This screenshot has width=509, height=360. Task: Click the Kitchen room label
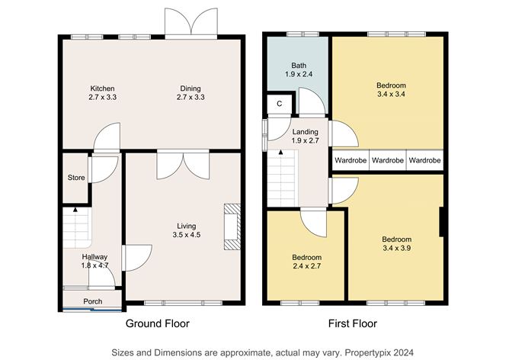pyautogui.click(x=102, y=88)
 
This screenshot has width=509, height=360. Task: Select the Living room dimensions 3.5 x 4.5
pyautogui.click(x=187, y=235)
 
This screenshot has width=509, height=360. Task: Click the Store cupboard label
pyautogui.click(x=75, y=179)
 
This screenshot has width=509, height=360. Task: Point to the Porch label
pyautogui.click(x=93, y=301)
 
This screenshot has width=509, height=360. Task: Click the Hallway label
pyautogui.click(x=94, y=257)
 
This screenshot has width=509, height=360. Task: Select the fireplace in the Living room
pyautogui.click(x=232, y=227)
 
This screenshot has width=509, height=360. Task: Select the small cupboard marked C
pyautogui.click(x=280, y=103)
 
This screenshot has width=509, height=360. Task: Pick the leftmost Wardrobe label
pyautogui.click(x=351, y=160)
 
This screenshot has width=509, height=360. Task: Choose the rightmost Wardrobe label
pyautogui.click(x=424, y=160)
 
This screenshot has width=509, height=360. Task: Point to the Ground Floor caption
pyautogui.click(x=158, y=323)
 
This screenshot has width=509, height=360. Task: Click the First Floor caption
pyautogui.click(x=352, y=323)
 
